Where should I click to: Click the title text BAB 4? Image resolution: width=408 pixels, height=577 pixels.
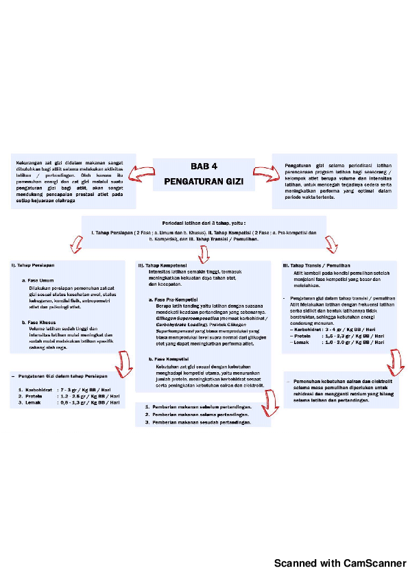[x=204, y=167]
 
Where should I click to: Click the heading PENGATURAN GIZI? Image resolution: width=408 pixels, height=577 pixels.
[x=204, y=183]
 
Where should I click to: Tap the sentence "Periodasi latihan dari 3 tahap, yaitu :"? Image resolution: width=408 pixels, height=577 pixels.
[x=204, y=223]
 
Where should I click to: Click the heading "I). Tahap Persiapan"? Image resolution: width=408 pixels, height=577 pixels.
[x=33, y=265]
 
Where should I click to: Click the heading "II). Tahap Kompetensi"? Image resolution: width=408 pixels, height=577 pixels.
[x=163, y=265]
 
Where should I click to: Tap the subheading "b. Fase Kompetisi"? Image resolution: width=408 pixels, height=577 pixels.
[x=169, y=359]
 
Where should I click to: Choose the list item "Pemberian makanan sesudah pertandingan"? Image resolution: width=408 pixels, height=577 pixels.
[x=198, y=423]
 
